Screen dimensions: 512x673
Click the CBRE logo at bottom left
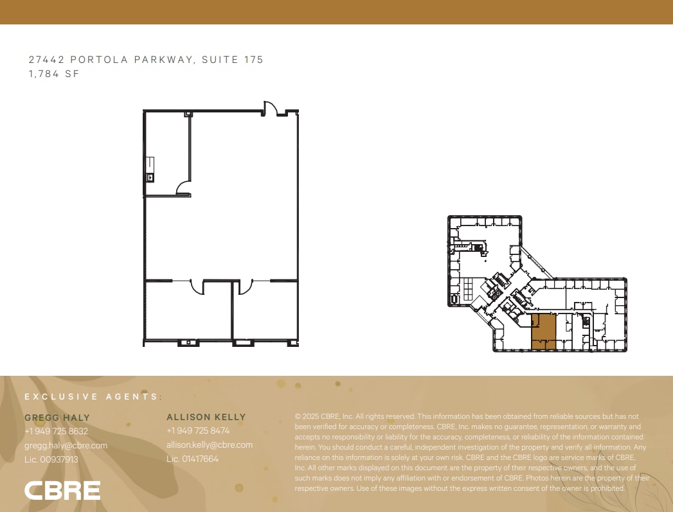pyautogui.click(x=62, y=490)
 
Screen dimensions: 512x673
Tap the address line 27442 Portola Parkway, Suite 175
pyautogui.click(x=146, y=60)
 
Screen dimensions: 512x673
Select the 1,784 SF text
pyautogui.click(x=53, y=74)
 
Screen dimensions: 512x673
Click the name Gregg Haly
pyautogui.click(x=57, y=418)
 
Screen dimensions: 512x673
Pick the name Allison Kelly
pyautogui.click(x=206, y=417)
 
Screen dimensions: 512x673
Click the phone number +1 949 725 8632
pyautogui.click(x=57, y=431)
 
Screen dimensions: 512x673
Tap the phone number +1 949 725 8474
pyautogui.click(x=198, y=430)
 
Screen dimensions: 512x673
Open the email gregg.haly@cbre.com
pyautogui.click(x=66, y=445)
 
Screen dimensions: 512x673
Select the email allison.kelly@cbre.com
pyautogui.click(x=210, y=445)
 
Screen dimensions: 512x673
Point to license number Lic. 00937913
pyautogui.click(x=51, y=459)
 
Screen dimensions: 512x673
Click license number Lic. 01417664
pyautogui.click(x=193, y=459)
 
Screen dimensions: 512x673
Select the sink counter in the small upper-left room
pyautogui.click(x=150, y=170)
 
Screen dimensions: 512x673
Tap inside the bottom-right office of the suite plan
pyautogui.click(x=265, y=315)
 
